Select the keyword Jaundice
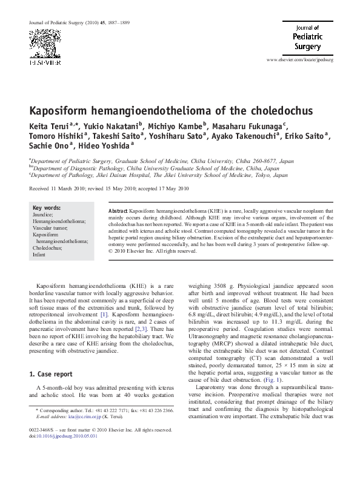coord(42,215)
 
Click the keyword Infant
coord(39,255)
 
